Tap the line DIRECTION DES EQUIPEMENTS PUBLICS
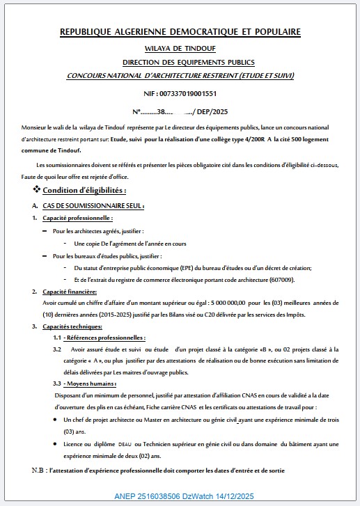(x=180, y=63)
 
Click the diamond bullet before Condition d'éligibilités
(x=36, y=190)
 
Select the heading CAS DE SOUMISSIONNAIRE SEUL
(x=93, y=206)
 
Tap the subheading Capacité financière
(x=70, y=291)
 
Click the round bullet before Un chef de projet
(x=56, y=420)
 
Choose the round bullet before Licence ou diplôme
(x=56, y=444)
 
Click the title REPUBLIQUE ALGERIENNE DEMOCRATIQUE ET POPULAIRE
(x=180, y=32)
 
